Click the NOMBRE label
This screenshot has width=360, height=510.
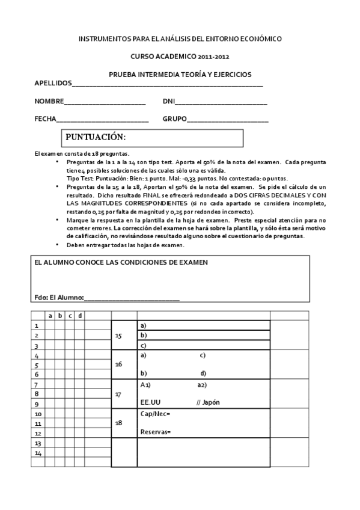[x=49, y=101]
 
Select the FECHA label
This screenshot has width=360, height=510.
[x=45, y=118]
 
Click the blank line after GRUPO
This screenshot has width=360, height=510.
[x=228, y=120]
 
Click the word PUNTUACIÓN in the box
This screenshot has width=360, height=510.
[x=96, y=137]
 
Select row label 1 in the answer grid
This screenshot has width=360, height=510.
[x=37, y=325]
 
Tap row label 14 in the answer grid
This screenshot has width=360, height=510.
[x=38, y=452]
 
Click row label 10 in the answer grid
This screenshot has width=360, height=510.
[x=38, y=414]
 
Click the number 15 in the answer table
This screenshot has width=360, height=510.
[x=118, y=336]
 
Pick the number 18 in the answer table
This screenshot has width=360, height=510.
[x=118, y=423]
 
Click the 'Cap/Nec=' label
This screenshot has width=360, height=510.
[x=155, y=414]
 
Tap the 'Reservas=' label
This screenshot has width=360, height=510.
[x=155, y=432]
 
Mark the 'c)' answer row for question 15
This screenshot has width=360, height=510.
[x=144, y=345]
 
